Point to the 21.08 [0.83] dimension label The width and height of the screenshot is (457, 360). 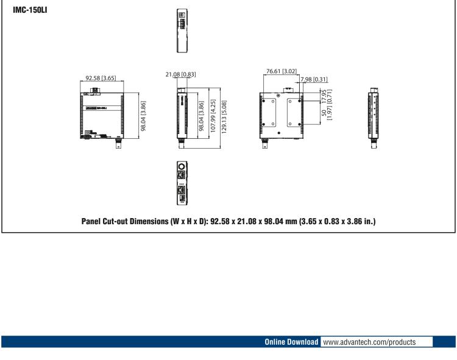180,74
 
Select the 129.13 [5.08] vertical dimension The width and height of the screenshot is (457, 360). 225,114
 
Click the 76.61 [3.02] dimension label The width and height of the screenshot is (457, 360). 282,71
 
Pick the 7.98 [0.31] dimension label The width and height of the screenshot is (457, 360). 314,80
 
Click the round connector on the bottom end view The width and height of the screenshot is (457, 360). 181,166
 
